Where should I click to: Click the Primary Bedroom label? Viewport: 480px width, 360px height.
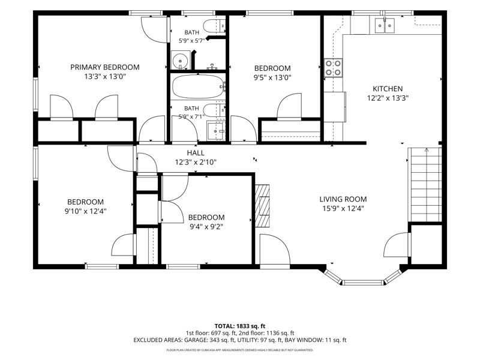[105, 67]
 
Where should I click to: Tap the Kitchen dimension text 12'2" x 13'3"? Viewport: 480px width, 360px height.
[388, 98]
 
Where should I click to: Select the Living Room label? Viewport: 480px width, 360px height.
[343, 199]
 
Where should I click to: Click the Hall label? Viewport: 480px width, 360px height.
[196, 153]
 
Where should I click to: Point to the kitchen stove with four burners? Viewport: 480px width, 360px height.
[333, 68]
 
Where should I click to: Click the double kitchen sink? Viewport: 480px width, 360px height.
[385, 25]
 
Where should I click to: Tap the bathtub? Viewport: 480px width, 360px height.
[199, 86]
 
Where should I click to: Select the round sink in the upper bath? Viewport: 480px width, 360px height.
[180, 61]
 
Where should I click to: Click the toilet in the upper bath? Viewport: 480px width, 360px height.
[214, 26]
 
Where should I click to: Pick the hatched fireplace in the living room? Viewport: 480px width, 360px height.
[263, 206]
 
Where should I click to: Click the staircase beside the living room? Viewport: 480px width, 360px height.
[425, 185]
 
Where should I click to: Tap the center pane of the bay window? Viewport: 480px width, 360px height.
[362, 282]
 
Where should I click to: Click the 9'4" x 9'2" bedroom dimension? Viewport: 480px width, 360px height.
[206, 227]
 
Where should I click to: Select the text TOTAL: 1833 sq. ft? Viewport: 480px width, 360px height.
[239, 326]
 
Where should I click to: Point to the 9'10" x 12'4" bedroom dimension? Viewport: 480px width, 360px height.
[85, 211]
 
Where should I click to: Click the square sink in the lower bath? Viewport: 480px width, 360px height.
[216, 131]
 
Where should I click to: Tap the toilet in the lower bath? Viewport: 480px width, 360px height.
[214, 110]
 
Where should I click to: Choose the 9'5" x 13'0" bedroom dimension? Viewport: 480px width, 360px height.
[272, 77]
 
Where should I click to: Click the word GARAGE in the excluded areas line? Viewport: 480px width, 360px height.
[196, 340]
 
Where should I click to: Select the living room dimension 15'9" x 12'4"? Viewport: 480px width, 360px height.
[343, 208]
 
